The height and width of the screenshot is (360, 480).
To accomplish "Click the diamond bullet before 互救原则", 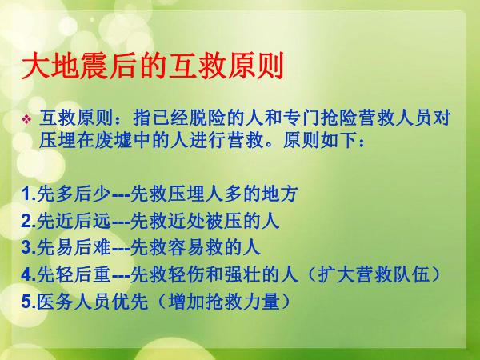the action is [x=26, y=119].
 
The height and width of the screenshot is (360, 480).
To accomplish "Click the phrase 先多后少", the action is [x=74, y=194].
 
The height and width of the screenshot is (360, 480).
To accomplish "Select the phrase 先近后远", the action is [x=74, y=221].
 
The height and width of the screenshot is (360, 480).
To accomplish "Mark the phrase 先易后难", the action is [x=74, y=247].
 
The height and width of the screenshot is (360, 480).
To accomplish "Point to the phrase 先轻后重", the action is [x=74, y=274].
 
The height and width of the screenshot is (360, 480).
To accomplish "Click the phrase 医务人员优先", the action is [x=93, y=302].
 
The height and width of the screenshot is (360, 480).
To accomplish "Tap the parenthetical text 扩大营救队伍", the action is [x=373, y=274].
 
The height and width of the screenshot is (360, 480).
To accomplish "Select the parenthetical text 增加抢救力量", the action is [x=224, y=302].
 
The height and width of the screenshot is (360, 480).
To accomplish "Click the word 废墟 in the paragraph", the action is [x=114, y=141].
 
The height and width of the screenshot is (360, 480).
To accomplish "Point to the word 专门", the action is [x=301, y=118].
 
